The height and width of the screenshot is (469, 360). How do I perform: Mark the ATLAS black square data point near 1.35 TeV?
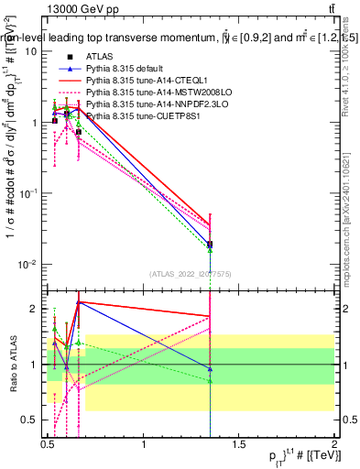211,245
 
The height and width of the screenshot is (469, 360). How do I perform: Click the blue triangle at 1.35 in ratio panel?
211,369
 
